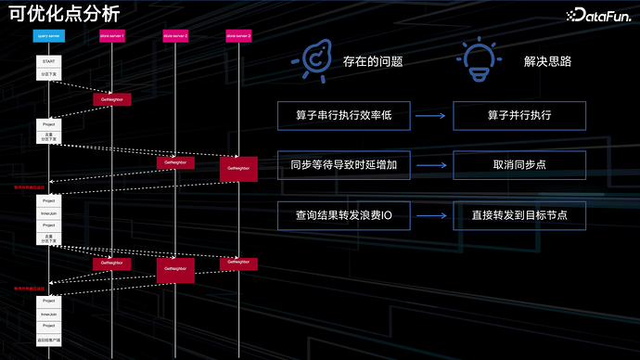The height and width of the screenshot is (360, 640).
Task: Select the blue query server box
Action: pos(49,35)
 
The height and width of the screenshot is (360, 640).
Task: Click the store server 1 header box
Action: pos(111,35)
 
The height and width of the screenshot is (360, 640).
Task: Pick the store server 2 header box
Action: pos(174,35)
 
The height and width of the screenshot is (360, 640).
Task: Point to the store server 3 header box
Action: pos(238,35)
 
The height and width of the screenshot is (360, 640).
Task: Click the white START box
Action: pos(49,61)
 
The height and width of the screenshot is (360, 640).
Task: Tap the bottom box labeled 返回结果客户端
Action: pos(49,339)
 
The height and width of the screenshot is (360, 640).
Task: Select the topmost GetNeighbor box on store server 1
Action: pos(112,98)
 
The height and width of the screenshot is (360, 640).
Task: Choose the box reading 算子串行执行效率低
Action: pos(342,116)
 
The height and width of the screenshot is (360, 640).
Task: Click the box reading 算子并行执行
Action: pos(519,116)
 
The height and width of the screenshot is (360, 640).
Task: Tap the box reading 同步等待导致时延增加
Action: pos(342,166)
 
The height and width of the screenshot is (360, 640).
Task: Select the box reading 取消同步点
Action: pos(519,166)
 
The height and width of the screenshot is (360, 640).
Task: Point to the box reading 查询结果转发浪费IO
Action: pos(342,215)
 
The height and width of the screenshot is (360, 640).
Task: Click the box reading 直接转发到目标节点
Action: pos(519,215)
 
